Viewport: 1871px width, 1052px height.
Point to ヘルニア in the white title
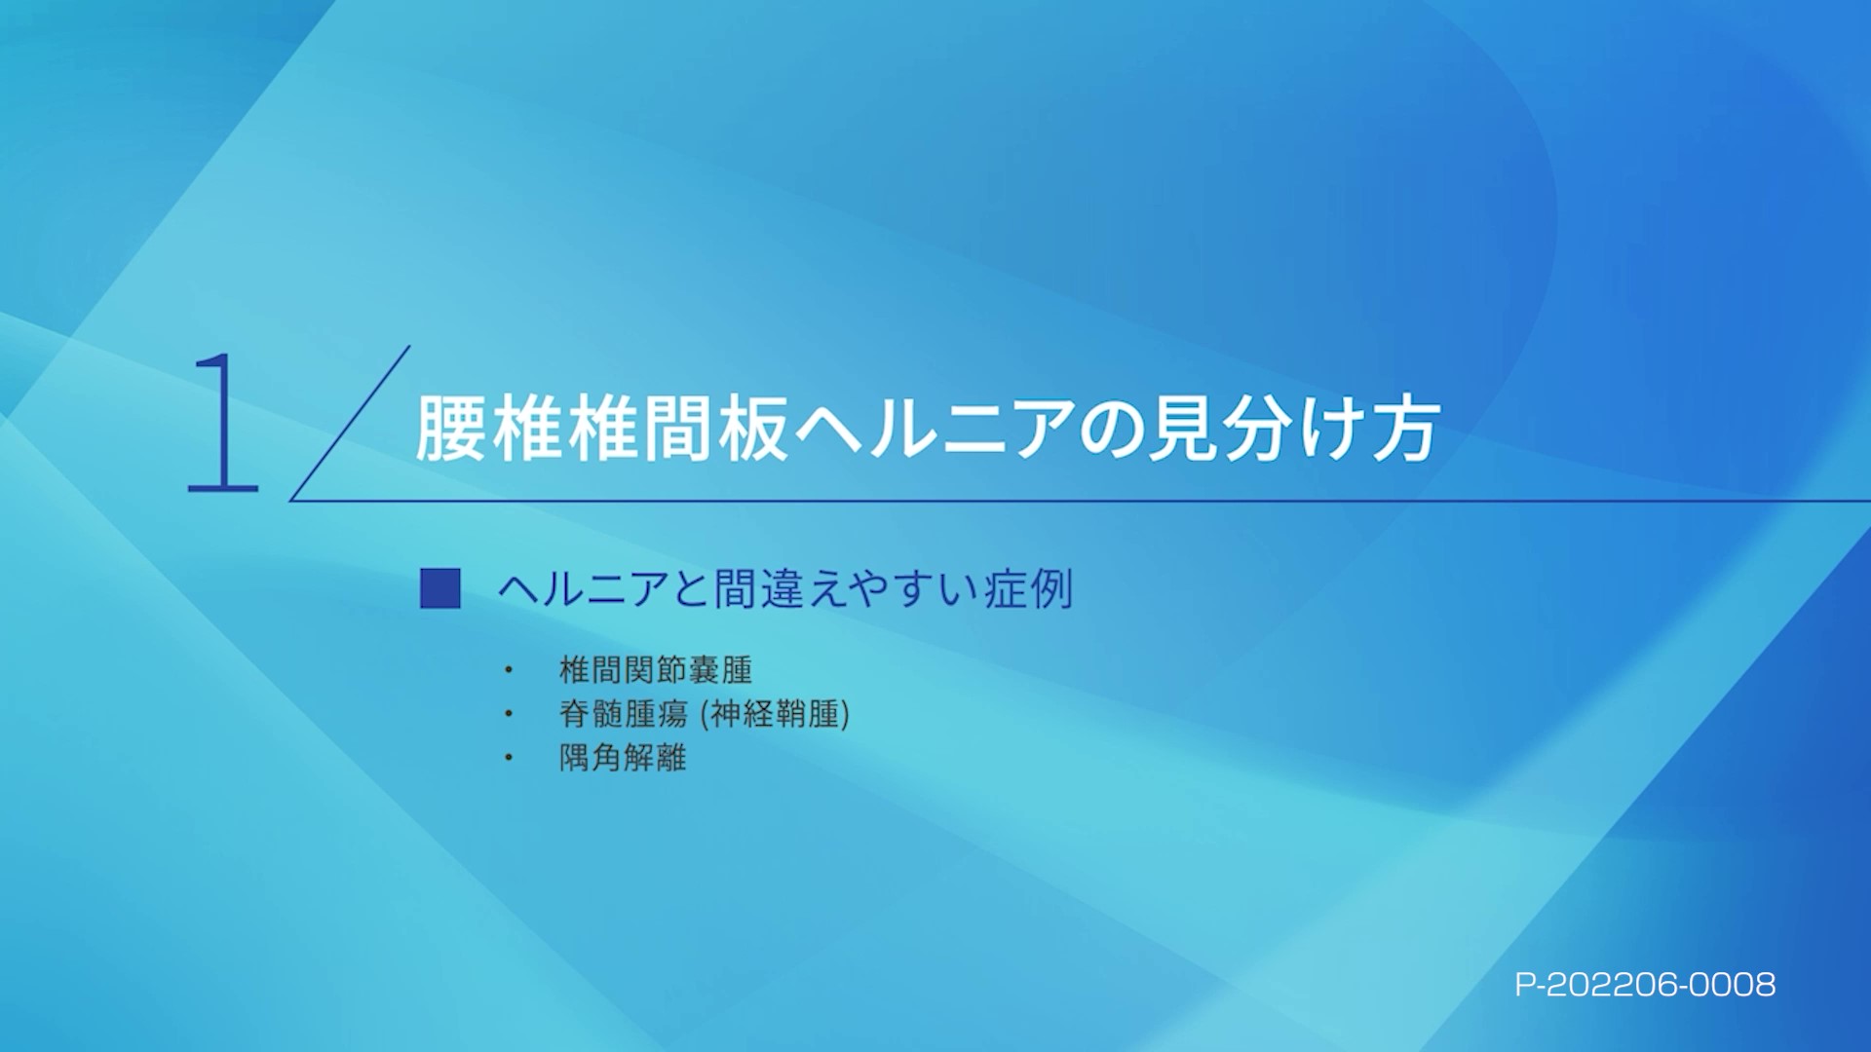pos(935,429)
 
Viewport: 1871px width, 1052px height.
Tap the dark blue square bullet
pos(439,589)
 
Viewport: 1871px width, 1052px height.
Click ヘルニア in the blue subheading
pos(583,589)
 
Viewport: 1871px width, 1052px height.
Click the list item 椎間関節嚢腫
pos(655,670)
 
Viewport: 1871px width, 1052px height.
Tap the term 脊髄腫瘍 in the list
pos(624,714)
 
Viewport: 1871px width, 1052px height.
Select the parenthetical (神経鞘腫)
pos(776,714)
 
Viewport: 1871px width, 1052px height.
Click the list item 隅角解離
pos(623,758)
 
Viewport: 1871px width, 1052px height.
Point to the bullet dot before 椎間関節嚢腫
pos(508,670)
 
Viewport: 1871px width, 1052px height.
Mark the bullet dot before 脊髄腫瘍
pos(508,714)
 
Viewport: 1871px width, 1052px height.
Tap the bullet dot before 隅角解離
pos(508,758)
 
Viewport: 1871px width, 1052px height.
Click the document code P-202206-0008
pos(1645,985)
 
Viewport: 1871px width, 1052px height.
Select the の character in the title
pos(1111,429)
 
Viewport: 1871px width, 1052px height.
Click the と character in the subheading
pos(690,589)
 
